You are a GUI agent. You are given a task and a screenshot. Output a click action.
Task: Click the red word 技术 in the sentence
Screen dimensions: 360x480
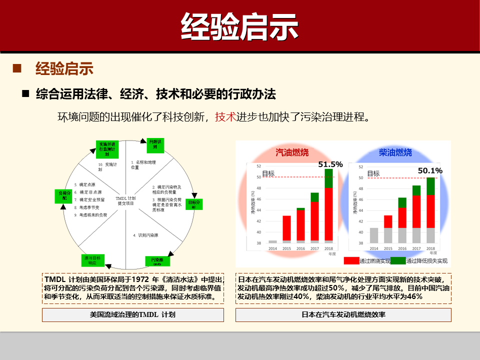pos(225,117)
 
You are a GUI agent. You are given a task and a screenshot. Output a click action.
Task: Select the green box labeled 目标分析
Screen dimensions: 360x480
pos(194,204)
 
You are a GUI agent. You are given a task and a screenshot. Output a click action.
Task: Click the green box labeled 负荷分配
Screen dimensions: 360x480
pos(61,195)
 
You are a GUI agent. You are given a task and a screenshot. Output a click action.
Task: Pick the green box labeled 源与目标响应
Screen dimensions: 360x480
pos(92,260)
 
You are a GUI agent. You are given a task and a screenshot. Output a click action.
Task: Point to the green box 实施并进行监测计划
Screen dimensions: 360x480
pos(107,149)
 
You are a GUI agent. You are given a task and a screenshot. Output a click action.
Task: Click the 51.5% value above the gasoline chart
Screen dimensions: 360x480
pos(330,164)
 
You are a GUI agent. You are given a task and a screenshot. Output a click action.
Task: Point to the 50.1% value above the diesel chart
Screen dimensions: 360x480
pos(430,170)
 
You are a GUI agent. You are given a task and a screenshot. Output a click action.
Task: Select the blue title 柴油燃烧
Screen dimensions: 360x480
pos(395,152)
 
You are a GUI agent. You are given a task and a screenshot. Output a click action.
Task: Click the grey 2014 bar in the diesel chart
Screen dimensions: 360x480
pos(373,235)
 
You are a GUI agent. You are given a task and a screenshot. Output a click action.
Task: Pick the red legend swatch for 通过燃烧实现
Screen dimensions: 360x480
pos(351,260)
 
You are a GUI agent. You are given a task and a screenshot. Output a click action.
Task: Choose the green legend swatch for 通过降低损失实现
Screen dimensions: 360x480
pos(398,260)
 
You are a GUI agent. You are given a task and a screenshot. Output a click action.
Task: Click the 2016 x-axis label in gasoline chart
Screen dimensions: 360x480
pos(300,248)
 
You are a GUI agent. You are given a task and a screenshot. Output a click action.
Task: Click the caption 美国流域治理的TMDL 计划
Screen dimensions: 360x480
pos(132,315)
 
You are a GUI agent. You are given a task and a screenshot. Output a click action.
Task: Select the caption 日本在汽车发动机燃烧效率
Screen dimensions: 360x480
pos(343,315)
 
